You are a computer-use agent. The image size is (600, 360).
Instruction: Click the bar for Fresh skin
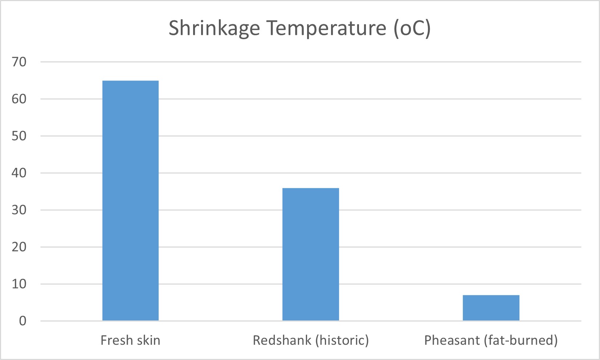coord(130,200)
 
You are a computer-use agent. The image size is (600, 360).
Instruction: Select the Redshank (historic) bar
coord(310,254)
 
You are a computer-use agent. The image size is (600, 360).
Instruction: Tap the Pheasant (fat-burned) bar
coord(491,308)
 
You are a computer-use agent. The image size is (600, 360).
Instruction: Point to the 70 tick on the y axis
coord(19,62)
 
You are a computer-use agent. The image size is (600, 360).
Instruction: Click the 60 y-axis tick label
coord(19,99)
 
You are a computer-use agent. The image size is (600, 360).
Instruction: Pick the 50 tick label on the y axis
coord(19,136)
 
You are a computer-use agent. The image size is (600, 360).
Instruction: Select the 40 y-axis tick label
coord(19,173)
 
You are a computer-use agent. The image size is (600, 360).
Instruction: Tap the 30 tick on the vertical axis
coord(19,210)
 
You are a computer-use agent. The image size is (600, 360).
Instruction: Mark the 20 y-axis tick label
coord(19,247)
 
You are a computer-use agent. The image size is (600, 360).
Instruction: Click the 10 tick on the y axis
coord(19,284)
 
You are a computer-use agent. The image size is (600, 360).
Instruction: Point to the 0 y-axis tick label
coord(23,321)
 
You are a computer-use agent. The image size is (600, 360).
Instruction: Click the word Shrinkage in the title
coord(214,28)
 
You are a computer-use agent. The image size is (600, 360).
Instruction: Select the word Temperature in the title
coord(327,28)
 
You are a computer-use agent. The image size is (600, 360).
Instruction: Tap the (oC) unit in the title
coord(412,28)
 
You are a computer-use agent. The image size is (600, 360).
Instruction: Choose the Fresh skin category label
coord(130,340)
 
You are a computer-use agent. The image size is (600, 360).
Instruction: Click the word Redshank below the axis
coord(282,340)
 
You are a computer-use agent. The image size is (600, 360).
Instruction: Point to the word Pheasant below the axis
coord(452,340)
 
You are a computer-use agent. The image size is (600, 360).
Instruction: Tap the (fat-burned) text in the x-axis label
coord(521,340)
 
